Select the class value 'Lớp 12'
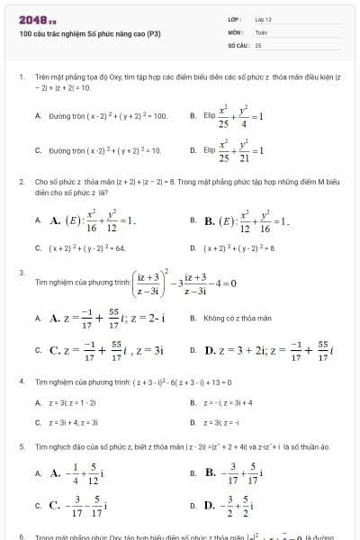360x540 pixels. click(263, 19)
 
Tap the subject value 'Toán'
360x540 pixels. click(261, 31)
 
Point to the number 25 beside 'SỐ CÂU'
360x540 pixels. click(258, 43)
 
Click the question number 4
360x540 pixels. click(22, 382)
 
